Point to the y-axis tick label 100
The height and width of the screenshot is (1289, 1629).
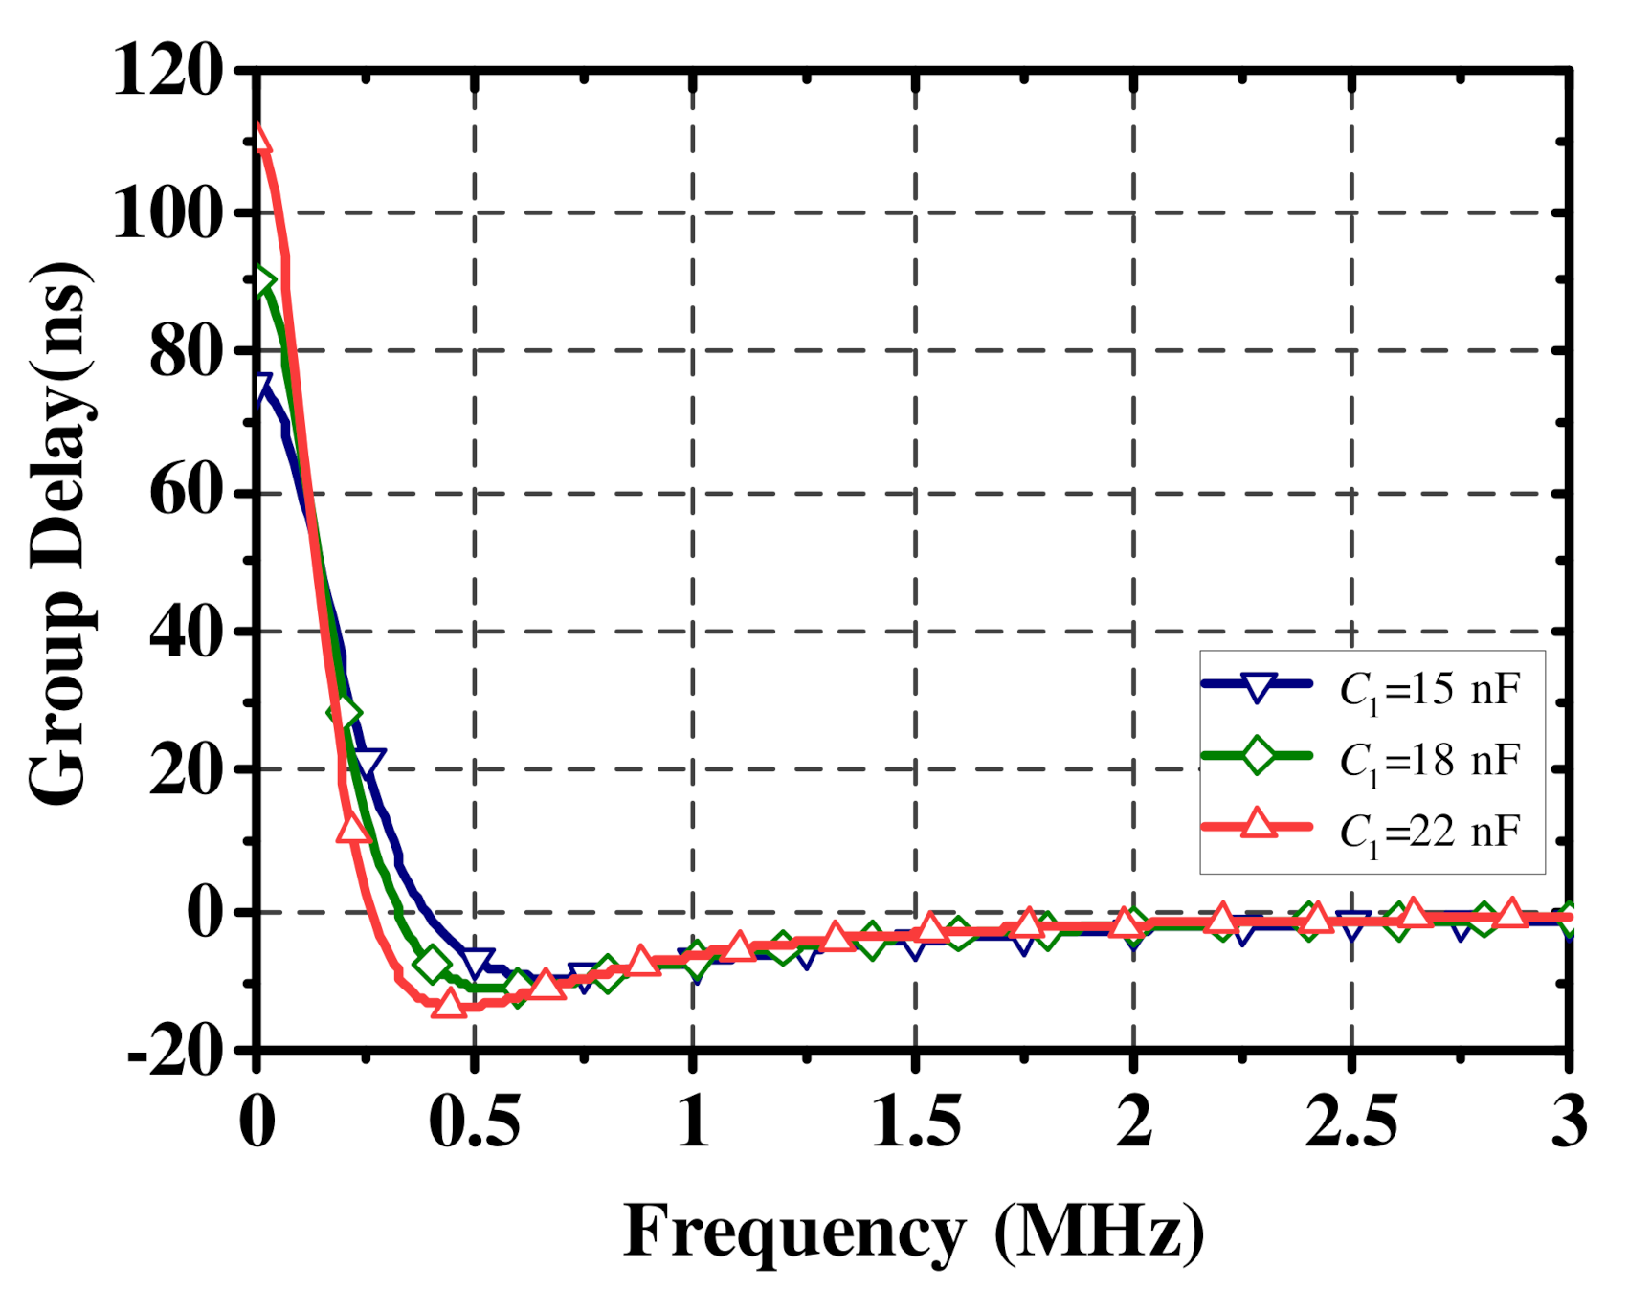pos(167,211)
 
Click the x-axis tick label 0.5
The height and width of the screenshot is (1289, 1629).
pos(474,1122)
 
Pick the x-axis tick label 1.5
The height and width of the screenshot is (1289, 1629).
pos(915,1122)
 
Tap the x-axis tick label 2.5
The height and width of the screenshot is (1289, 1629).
pos(1350,1122)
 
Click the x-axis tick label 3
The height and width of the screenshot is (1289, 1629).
pos(1569,1122)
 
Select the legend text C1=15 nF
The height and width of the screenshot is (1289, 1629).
pos(1429,689)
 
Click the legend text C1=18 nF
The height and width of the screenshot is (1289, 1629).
pos(1429,761)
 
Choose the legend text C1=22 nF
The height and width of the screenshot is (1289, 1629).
pos(1429,832)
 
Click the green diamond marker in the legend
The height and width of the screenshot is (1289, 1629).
pos(1258,755)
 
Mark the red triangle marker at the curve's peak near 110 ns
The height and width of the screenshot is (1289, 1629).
pos(259,140)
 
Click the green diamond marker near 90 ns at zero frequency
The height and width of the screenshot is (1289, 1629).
pos(262,282)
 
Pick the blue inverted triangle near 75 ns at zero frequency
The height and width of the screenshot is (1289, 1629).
pos(260,387)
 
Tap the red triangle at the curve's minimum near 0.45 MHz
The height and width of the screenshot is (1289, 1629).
pos(449,1004)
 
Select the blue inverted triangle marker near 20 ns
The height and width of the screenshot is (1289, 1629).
pos(368,763)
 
